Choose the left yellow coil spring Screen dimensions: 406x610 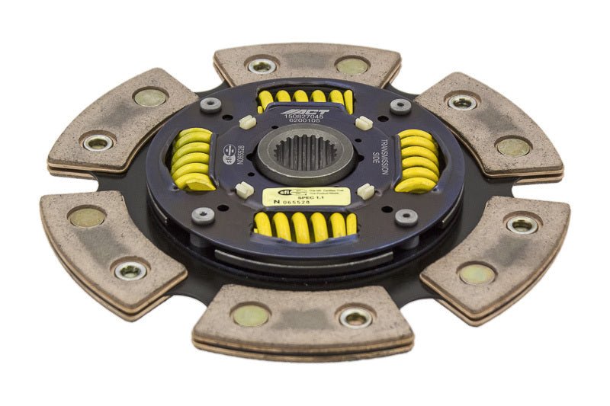click(194, 158)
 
